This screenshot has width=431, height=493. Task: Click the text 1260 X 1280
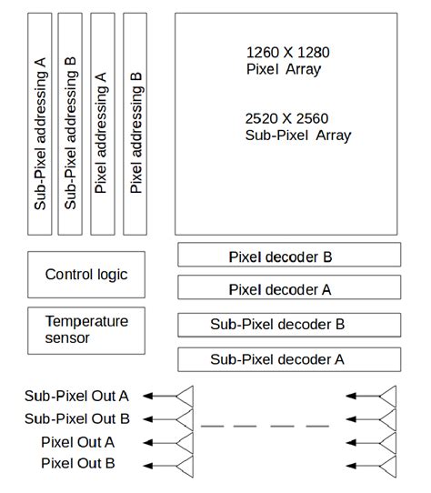[284, 52]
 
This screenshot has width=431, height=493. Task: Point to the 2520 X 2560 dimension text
[286, 119]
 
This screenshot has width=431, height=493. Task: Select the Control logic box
[86, 275]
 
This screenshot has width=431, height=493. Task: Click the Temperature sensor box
[86, 329]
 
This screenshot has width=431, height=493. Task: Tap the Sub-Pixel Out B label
[76, 418]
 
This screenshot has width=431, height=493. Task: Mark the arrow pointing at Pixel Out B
[160, 464]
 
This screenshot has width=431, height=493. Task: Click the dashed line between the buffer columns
[264, 425]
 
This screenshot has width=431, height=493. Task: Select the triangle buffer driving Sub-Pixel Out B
[185, 418]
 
